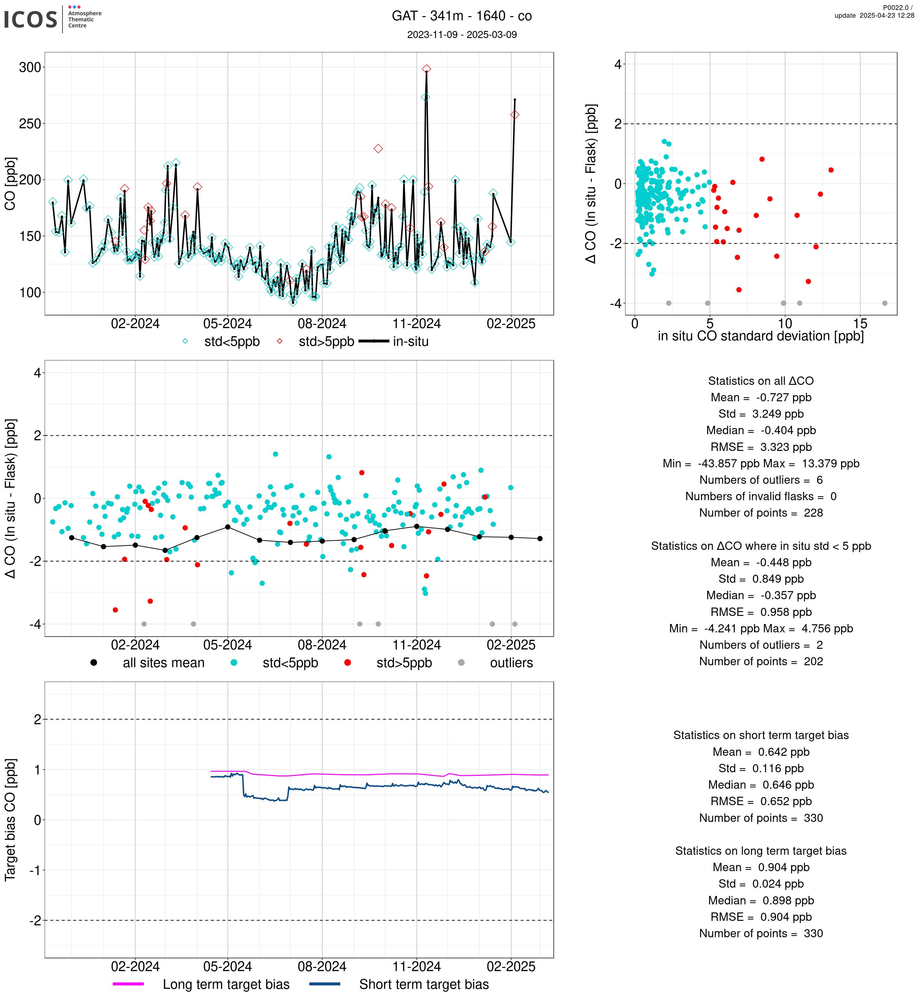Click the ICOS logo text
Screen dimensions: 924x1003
pos(31,19)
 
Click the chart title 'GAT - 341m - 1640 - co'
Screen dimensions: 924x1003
pos(462,16)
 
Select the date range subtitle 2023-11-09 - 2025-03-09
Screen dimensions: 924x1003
pos(462,34)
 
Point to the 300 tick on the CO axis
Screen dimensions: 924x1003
pos(30,67)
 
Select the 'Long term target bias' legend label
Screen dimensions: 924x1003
pos(226,985)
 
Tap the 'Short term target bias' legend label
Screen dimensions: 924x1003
pos(424,985)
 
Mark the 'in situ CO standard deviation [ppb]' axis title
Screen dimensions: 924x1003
pos(760,336)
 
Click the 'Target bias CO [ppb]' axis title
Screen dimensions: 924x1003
pos(10,820)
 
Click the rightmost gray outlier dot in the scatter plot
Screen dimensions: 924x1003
pos(885,303)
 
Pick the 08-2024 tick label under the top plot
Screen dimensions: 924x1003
pos(322,324)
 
